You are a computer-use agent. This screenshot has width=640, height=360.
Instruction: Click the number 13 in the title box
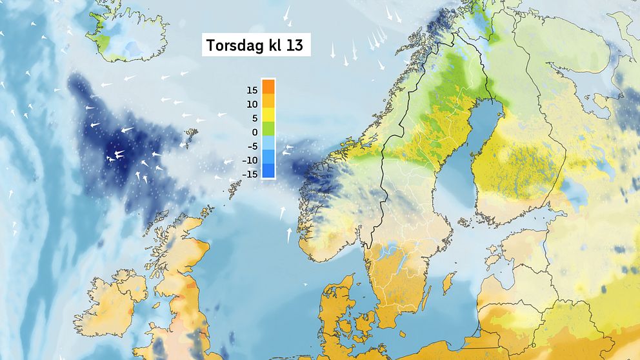tap(295, 46)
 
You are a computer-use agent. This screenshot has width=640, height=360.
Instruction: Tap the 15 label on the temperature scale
tap(252, 90)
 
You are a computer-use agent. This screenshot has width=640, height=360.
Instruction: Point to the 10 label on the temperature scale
tap(252, 104)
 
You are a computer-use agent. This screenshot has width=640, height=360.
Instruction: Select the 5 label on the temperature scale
tap(254, 118)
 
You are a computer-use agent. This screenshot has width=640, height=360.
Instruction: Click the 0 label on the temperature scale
tap(254, 132)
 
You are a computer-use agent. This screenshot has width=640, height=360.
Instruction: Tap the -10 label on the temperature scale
tap(250, 160)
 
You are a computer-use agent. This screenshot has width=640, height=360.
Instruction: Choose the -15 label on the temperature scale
tap(250, 174)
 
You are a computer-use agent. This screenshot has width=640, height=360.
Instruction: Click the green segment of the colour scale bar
tap(269, 128)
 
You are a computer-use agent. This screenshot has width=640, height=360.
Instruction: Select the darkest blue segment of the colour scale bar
tap(269, 171)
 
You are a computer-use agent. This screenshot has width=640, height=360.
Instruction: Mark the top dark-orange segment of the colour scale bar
tap(269, 86)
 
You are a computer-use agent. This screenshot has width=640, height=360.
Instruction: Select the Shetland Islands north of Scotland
tap(235, 187)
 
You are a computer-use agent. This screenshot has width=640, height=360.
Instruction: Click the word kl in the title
tap(272, 46)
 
